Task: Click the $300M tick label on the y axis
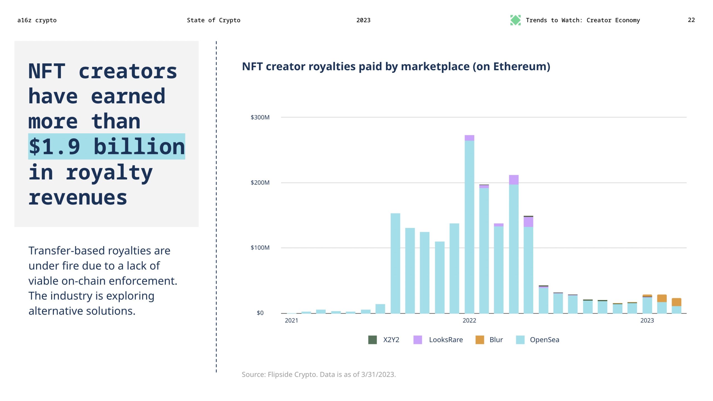point(260,117)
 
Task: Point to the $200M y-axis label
point(260,183)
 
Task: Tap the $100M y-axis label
point(260,248)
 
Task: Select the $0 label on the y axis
point(260,313)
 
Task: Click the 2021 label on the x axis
point(291,320)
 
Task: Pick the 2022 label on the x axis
point(469,320)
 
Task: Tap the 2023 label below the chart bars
point(647,320)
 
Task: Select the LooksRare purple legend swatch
point(417,340)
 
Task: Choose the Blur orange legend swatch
point(480,340)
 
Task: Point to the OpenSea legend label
point(544,340)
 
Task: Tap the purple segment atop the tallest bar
point(469,138)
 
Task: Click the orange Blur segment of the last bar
point(677,302)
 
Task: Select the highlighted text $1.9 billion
point(107,146)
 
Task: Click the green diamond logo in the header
point(515,20)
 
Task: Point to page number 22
point(691,20)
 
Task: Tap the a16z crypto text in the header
point(37,20)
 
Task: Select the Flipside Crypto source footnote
point(319,375)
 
